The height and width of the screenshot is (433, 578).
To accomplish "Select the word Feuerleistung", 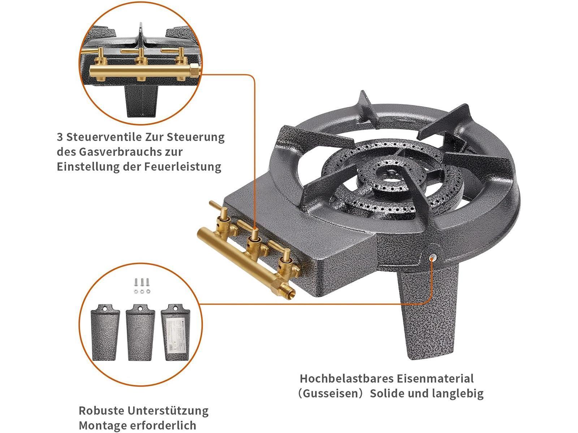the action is pos(182,167).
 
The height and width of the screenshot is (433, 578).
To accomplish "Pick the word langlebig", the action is pos(458,394).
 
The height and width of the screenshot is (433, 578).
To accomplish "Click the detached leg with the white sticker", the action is pos(175,333).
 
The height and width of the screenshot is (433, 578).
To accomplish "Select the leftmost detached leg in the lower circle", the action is pos(105,333).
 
